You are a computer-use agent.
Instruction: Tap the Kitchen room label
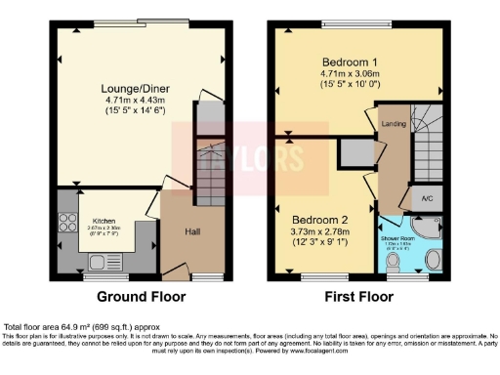click(x=104, y=221)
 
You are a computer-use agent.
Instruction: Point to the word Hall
click(x=193, y=231)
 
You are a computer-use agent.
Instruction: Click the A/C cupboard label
click(x=427, y=199)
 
